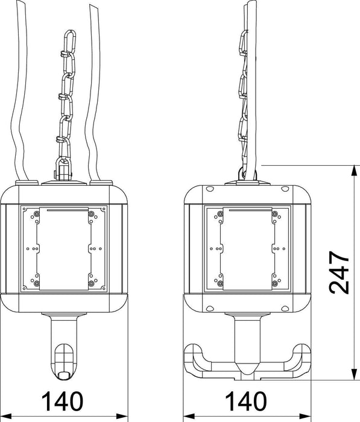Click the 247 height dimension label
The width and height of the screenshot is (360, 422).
click(x=339, y=272)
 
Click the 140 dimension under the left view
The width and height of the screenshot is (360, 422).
click(x=63, y=401)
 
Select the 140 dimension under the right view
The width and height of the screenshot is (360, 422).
click(x=245, y=401)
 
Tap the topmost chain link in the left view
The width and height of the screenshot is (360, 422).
click(x=69, y=42)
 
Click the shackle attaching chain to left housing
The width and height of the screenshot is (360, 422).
click(x=63, y=169)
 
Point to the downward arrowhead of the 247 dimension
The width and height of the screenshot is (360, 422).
click(x=355, y=374)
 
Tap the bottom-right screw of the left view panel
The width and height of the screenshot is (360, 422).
click(x=92, y=283)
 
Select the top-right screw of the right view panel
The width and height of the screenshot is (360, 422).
click(x=274, y=214)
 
